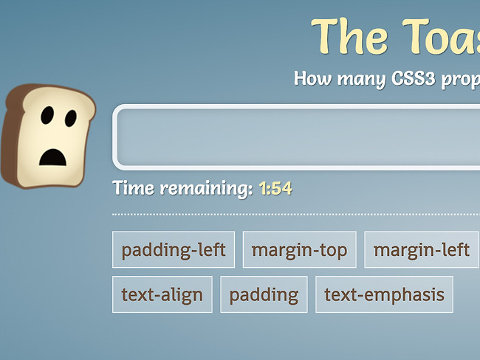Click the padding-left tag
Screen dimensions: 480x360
pos(174,249)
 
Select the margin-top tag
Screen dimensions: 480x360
pos(300,249)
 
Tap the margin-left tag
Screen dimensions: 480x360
pos(422,249)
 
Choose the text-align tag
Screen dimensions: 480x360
pos(162,294)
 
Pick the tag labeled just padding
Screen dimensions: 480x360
pos(264,294)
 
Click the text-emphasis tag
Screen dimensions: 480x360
pos(384,294)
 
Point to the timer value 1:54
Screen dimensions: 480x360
pos(275,188)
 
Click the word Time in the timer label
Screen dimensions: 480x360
pos(133,187)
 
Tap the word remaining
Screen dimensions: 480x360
pos(206,189)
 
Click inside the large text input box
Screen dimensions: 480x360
pos(297,137)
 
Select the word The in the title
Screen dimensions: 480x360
pos(350,36)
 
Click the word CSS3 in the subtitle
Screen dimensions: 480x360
pos(414,79)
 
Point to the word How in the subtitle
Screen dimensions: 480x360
pos(312,78)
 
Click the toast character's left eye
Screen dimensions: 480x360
pos(47,115)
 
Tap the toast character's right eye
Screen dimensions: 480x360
pos(71,118)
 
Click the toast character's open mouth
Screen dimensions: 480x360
pos(52,158)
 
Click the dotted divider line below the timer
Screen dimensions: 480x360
pos(296,215)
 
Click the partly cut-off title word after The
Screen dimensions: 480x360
pos(441,37)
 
